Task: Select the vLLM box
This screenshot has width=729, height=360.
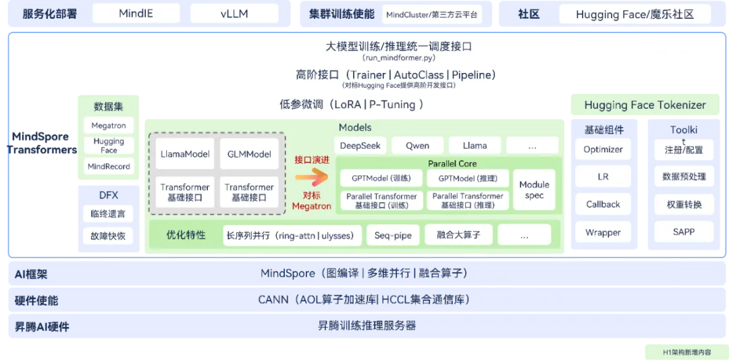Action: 234,14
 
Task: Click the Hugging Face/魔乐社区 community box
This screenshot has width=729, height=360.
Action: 634,14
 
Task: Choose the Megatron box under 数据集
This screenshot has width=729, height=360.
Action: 109,126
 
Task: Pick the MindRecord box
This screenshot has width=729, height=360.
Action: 109,166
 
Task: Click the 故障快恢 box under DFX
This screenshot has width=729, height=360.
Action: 108,236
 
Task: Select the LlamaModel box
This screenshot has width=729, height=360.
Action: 185,154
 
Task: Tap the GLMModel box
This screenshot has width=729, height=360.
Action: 249,154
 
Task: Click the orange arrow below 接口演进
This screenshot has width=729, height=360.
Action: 310,178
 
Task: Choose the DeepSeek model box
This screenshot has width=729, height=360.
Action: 360,145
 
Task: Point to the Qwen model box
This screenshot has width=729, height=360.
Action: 417,145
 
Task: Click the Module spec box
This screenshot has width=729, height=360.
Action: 534,190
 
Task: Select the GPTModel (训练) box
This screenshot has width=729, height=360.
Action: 381,178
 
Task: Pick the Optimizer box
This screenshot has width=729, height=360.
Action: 603,149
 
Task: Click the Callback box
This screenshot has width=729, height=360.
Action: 603,204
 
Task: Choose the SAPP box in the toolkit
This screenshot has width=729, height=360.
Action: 683,232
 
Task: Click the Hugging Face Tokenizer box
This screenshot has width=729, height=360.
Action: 645,105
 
